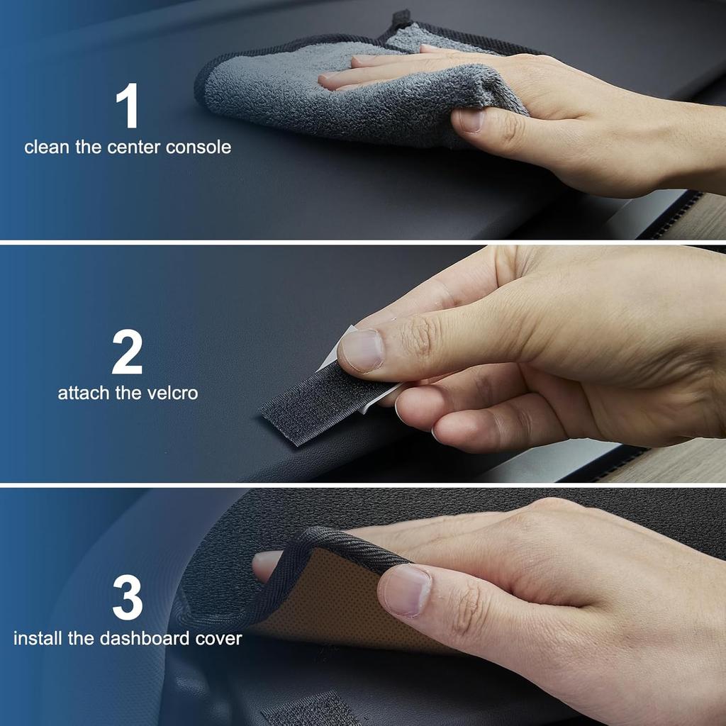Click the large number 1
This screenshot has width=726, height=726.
tap(128, 107)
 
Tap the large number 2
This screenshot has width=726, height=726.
tap(127, 352)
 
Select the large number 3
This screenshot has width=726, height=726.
tap(128, 598)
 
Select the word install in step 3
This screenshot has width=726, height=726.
tap(39, 638)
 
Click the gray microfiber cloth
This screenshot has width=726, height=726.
tap(284, 92)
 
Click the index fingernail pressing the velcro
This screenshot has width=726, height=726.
tap(362, 350)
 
